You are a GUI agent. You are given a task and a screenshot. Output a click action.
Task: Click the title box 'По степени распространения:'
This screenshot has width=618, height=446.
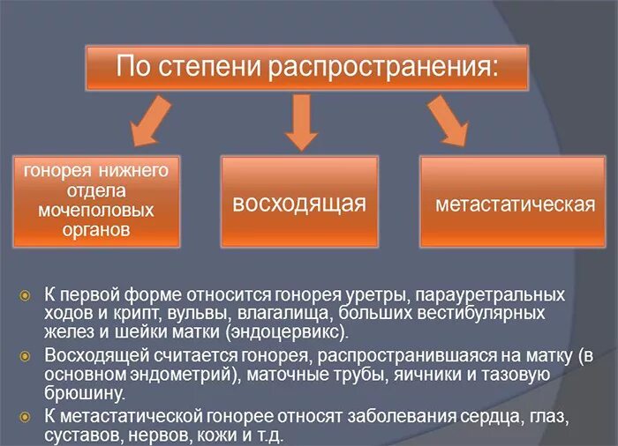point(306,67)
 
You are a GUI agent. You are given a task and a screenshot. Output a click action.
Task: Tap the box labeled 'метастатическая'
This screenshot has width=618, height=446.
point(514,203)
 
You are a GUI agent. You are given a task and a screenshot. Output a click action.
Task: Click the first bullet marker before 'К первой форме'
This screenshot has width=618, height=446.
point(26,294)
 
